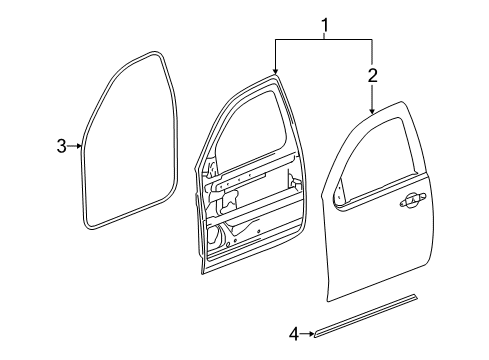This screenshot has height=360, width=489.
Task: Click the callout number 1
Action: [x=324, y=22]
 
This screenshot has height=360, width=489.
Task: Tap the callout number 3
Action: [x=61, y=146]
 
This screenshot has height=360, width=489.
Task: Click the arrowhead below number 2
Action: [x=372, y=110]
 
